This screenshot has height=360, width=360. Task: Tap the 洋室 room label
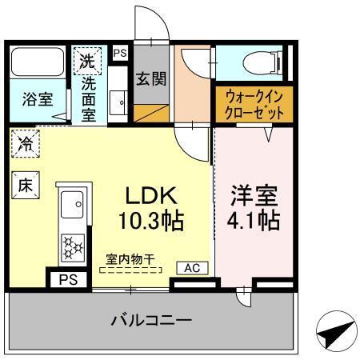250,195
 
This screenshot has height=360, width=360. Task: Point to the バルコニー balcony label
152,320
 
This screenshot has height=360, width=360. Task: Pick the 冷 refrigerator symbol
26,146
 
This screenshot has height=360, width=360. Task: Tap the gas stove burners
73,246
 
